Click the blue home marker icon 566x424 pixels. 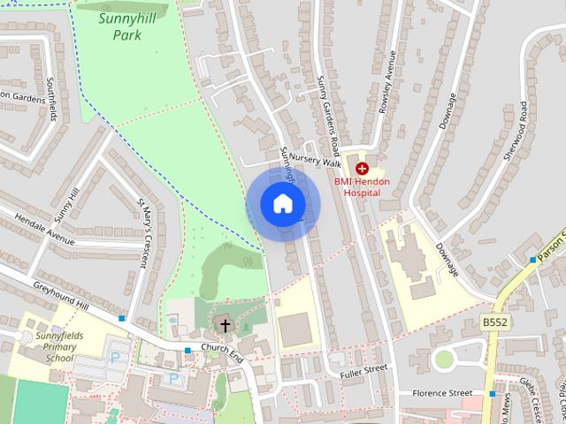(x=282, y=204)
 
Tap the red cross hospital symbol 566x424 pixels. (x=362, y=168)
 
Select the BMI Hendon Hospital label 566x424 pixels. (x=362, y=186)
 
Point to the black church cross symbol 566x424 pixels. (x=225, y=326)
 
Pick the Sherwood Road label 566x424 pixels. (x=516, y=130)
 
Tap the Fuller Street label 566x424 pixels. (x=363, y=371)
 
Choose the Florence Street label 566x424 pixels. (x=447, y=392)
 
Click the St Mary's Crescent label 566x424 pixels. (x=142, y=231)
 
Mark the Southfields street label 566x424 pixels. (x=51, y=99)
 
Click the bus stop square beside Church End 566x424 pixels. (x=187, y=351)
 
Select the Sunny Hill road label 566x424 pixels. (x=66, y=204)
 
